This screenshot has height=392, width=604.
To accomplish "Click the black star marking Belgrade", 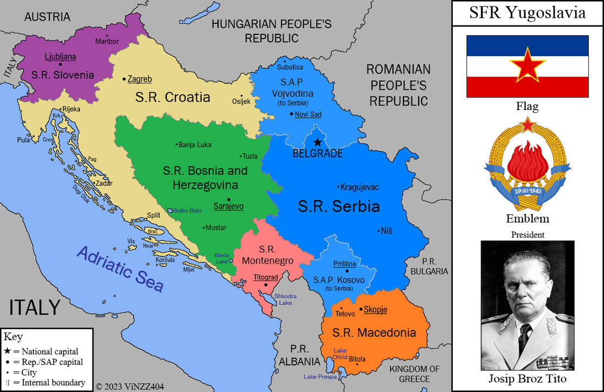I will (317, 142).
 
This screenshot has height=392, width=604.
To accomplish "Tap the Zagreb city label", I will (140, 79).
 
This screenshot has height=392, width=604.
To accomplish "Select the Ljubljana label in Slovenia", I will (60, 57).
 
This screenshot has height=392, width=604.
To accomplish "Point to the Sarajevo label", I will (228, 206).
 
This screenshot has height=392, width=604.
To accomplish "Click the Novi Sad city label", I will (308, 114).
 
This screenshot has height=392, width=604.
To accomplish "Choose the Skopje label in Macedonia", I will (375, 309).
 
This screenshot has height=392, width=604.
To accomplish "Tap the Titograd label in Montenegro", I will (265, 277).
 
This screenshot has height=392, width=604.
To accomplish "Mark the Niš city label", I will (386, 231).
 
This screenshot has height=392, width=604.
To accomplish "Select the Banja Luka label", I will (195, 145).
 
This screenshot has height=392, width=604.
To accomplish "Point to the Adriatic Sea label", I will (120, 268).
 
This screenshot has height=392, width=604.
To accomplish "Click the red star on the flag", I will (527, 65).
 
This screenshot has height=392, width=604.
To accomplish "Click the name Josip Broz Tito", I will (527, 379).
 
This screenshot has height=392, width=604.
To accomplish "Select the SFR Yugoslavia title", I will (527, 13).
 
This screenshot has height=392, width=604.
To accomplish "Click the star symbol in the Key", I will (7, 351).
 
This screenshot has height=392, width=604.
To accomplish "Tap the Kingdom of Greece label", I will (414, 373).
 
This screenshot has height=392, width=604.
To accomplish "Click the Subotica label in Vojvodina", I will (290, 67).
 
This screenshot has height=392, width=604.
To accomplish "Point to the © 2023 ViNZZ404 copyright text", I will (130, 386).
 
